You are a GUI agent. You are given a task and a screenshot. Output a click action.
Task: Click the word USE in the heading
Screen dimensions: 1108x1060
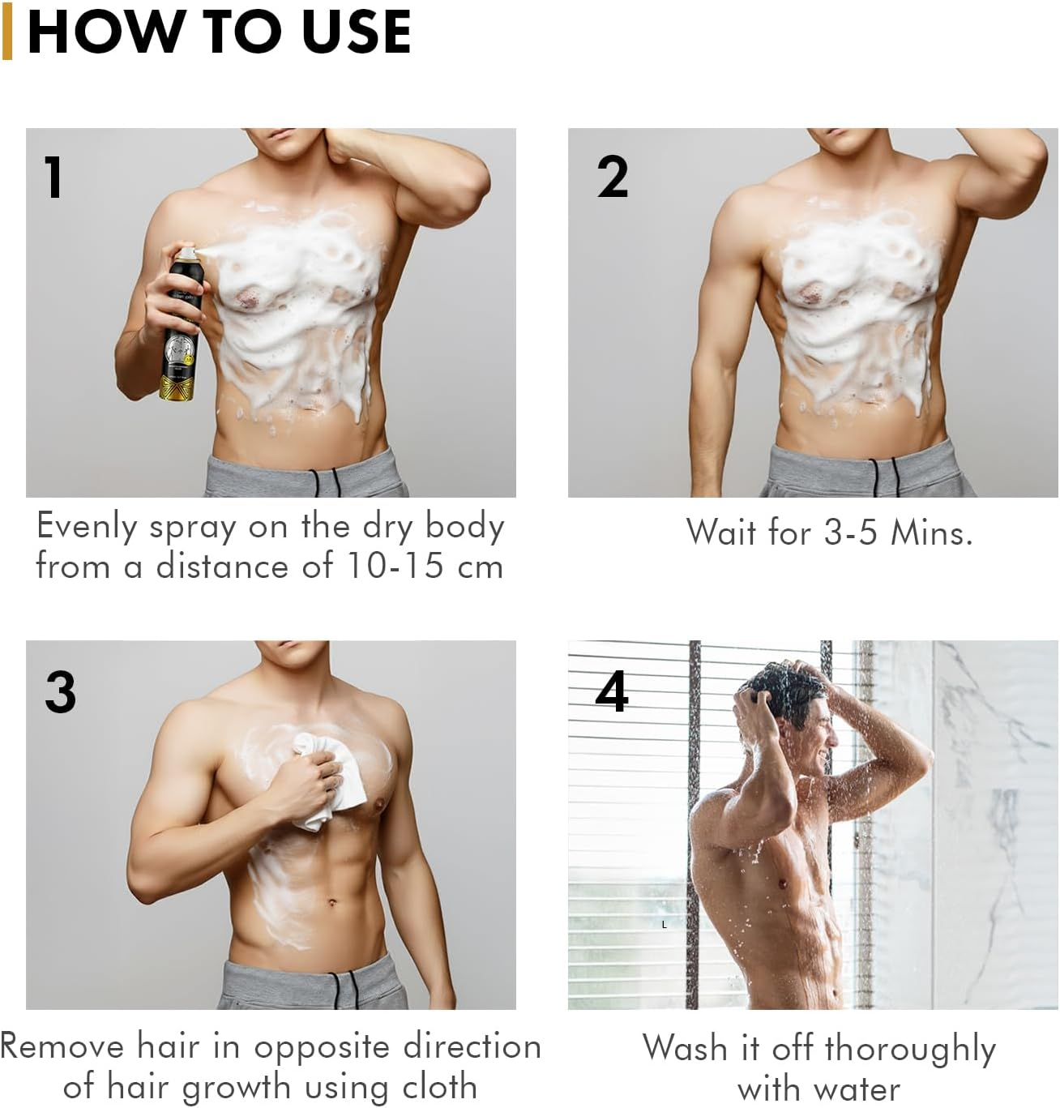tap(356, 32)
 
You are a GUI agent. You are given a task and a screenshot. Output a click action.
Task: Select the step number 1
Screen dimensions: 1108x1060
tap(53, 177)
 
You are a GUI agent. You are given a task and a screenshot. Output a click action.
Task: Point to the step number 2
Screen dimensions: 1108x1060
tap(613, 177)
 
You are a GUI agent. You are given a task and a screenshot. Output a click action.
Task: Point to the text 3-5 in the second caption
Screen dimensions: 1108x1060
tap(850, 533)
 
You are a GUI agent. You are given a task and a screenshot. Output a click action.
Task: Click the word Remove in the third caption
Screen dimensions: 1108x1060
tap(62, 1046)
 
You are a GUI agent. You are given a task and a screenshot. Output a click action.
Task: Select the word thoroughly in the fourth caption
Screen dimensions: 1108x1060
tap(911, 1049)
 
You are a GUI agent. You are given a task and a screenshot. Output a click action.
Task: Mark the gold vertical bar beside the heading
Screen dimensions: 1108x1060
tap(7, 32)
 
